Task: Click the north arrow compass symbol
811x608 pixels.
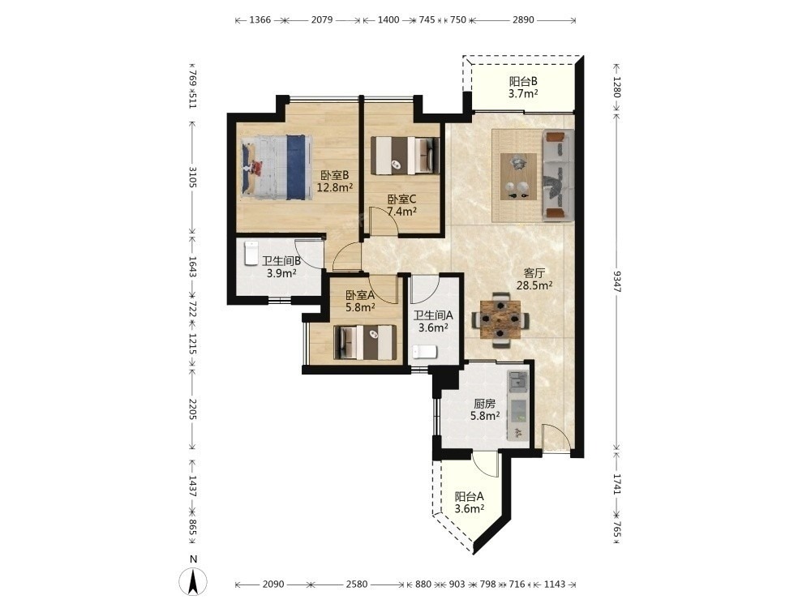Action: click(x=193, y=581)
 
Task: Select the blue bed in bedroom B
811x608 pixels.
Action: click(x=277, y=166)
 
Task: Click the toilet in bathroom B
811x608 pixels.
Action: click(x=251, y=253)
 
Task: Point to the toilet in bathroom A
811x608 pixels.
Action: click(x=425, y=352)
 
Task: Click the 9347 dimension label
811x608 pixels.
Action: click(x=616, y=280)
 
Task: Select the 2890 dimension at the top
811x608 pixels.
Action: click(x=523, y=19)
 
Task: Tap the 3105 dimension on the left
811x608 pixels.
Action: click(x=192, y=178)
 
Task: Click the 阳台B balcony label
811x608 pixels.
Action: click(x=523, y=81)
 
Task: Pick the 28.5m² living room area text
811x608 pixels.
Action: click(x=534, y=285)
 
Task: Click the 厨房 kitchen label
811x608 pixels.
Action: click(x=485, y=404)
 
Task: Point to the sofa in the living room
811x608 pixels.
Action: click(x=558, y=176)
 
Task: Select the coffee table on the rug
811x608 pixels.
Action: click(x=518, y=177)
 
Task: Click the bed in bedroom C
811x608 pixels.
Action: click(x=406, y=155)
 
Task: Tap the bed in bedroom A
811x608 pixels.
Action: click(x=366, y=342)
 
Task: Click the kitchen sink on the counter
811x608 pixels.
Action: click(x=517, y=382)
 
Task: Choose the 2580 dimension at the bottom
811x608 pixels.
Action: click(x=356, y=584)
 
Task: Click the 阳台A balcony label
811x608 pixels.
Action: click(x=469, y=497)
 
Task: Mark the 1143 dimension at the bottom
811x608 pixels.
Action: click(x=555, y=584)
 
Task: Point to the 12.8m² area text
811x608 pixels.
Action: click(x=335, y=188)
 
